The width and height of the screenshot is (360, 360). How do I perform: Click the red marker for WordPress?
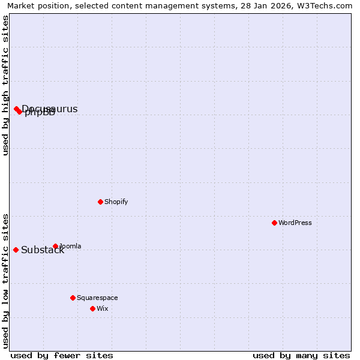[x=274, y=223]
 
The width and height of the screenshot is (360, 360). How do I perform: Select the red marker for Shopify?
[x=100, y=202]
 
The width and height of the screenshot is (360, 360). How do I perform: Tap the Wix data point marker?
[x=92, y=308]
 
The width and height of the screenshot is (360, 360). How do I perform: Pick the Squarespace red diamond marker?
[x=73, y=298]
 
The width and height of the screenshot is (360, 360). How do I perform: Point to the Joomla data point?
[x=55, y=246]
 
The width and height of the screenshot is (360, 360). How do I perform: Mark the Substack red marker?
[x=16, y=250]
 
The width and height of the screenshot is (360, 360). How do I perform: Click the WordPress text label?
[x=295, y=223]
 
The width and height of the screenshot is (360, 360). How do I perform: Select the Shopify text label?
[x=116, y=202]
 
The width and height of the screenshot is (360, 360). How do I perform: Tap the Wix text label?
[x=103, y=308]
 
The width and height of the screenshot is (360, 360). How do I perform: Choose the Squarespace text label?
[x=97, y=298]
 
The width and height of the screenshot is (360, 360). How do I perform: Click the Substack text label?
[x=43, y=250]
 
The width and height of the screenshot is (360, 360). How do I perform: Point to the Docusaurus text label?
[x=50, y=109]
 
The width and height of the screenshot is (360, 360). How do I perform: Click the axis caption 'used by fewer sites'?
[x=62, y=355]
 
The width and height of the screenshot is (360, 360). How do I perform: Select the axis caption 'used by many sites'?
[x=301, y=355]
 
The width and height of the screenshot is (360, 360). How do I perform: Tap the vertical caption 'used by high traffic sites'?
[x=5, y=85]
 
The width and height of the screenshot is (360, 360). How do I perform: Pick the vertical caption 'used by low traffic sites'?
[x=5, y=281]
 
